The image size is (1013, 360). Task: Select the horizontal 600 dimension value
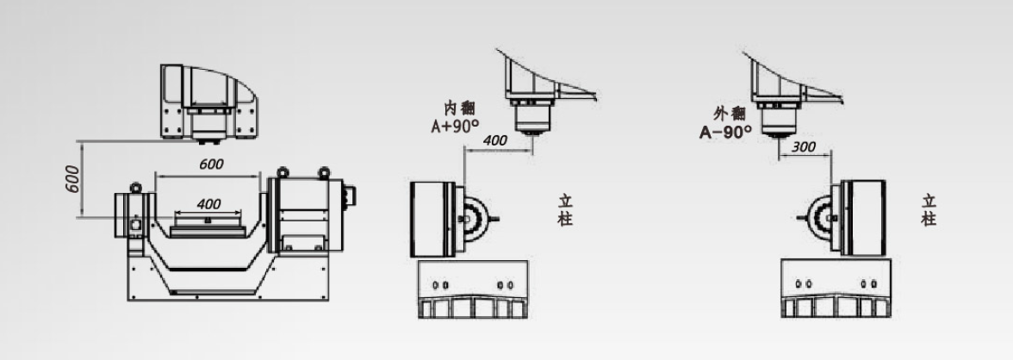pyautogui.click(x=211, y=164)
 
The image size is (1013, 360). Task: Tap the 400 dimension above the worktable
pyautogui.click(x=208, y=204)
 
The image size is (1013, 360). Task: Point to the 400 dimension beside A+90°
pyautogui.click(x=494, y=140)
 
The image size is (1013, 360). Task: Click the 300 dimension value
pyautogui.click(x=803, y=146)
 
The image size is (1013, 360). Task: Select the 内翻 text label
pyautogui.click(x=459, y=108)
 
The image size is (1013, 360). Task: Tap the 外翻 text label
pyautogui.click(x=730, y=115)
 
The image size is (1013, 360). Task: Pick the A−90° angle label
pyautogui.click(x=725, y=133)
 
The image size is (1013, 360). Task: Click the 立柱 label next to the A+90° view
pyautogui.click(x=565, y=210)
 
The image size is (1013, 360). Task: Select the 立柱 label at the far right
pyautogui.click(x=929, y=210)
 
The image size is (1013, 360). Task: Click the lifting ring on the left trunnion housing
pyautogui.click(x=136, y=187)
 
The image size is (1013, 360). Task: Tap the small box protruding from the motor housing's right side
pyautogui.click(x=351, y=196)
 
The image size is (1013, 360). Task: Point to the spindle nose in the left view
pyautogui.click(x=208, y=138)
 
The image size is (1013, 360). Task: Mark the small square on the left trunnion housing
pyautogui.click(x=136, y=225)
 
